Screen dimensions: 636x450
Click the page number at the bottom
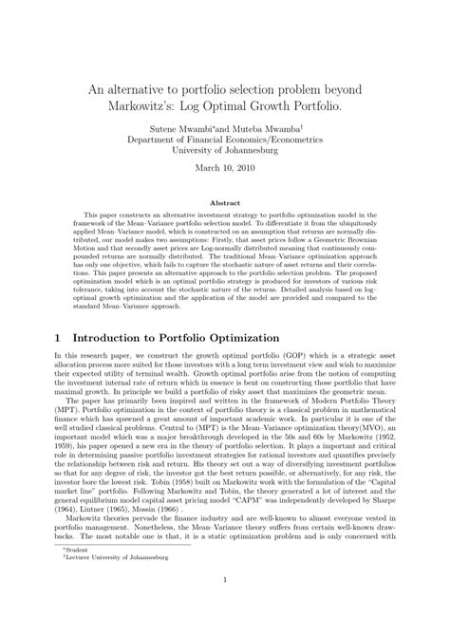tap(224, 608)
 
